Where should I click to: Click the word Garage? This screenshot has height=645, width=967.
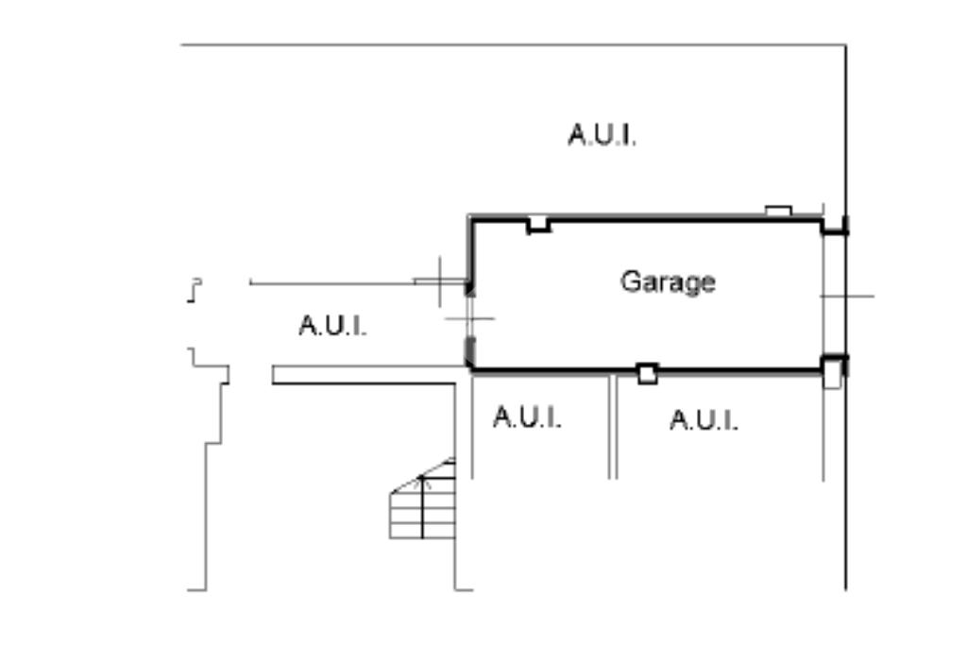tap(668, 282)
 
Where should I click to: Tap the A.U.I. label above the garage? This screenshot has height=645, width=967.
tap(602, 135)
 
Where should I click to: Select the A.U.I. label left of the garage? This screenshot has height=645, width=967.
tap(332, 326)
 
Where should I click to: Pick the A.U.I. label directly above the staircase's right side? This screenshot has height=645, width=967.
tap(527, 416)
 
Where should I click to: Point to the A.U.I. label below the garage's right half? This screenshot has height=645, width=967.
tap(704, 420)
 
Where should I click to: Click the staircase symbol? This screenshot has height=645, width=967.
tap(423, 506)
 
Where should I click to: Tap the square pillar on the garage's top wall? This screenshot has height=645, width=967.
tap(538, 225)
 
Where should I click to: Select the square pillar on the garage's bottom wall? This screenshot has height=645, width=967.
tap(647, 374)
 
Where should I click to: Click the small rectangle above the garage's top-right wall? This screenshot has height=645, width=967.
tap(777, 211)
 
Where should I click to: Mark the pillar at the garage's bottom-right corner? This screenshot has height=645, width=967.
tap(832, 371)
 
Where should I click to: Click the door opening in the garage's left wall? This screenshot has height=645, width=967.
tap(469, 319)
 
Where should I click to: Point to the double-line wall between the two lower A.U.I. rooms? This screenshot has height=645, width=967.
tap(613, 425)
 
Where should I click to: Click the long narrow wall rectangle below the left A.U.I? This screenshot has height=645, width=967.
tap(364, 375)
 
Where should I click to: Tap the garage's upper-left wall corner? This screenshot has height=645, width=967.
tap(471, 220)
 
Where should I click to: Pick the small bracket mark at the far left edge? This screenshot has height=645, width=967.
tap(195, 290)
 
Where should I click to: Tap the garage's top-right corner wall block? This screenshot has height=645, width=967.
tap(835, 227)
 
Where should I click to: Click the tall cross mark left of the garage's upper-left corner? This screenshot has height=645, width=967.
tap(440, 281)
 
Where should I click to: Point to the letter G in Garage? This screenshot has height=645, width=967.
tap(629, 281)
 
